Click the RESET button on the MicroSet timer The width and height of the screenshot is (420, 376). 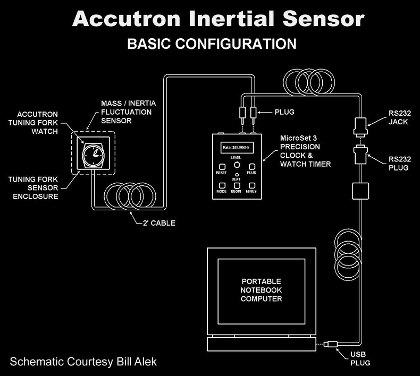click(x=222, y=166)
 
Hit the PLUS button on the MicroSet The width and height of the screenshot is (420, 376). click(x=251, y=166)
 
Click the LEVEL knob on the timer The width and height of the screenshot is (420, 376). click(x=236, y=166)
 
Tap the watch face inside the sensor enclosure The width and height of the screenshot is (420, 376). click(x=94, y=153)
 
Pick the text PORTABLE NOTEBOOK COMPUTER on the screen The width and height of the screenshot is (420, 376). click(x=262, y=290)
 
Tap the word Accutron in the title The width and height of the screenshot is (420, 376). click(x=128, y=19)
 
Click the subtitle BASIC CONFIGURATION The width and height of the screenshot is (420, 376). click(x=212, y=44)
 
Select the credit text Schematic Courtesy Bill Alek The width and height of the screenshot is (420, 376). click(x=83, y=362)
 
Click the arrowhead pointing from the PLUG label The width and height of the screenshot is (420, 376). click(x=261, y=113)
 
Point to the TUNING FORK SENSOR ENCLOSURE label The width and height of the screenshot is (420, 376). click(x=33, y=188)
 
